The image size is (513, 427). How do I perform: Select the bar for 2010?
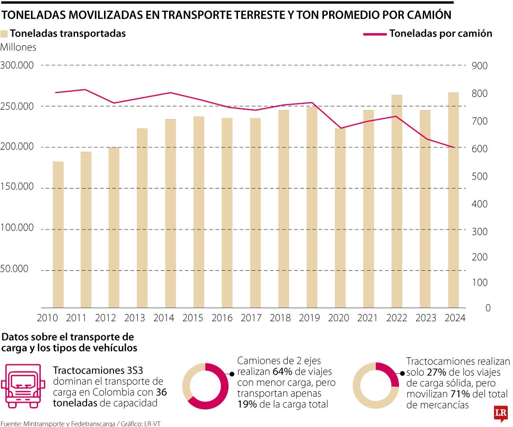coord(58,235)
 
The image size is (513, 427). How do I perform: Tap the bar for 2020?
coord(340,218)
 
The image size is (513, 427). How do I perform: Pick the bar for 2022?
coord(397,202)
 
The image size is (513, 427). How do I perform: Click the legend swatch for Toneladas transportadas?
coord(5,34)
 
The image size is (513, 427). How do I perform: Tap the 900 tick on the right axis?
coord(480,66)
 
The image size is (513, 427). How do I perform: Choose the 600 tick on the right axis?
coord(480,149)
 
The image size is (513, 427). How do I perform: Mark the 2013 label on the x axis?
coord(134,318)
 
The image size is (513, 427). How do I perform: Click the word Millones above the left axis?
coord(19,47)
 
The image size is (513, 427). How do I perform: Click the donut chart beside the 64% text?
coord(205,386)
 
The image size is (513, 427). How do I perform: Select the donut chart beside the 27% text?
coord(376,386)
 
